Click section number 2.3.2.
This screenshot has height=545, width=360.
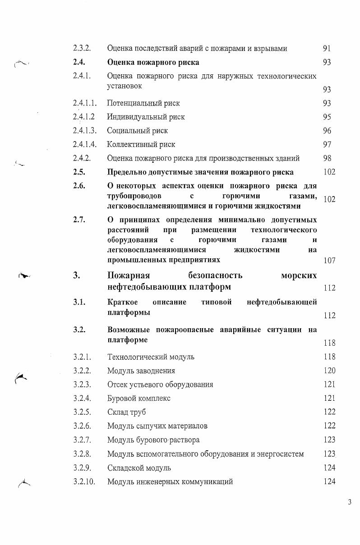click(82, 48)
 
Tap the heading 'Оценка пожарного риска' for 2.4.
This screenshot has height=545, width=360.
click(153, 62)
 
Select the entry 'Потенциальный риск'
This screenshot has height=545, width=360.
click(143, 103)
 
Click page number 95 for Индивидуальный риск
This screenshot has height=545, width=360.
click(327, 117)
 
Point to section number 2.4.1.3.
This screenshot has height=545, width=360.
click(84, 131)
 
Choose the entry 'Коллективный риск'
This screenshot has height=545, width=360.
click(141, 145)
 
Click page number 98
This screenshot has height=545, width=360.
click(327, 158)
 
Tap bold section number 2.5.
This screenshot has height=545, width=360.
click(78, 172)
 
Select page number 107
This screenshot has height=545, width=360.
click(329, 261)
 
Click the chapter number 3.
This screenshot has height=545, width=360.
click(76, 275)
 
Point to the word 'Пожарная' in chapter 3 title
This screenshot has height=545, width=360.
click(129, 275)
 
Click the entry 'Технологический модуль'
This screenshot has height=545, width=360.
click(151, 357)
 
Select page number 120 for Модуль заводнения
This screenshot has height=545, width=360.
click(329, 371)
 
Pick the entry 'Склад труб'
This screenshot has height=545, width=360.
click(126, 412)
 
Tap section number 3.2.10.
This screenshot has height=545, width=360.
click(84, 481)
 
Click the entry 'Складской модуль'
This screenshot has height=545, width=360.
click(139, 468)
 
